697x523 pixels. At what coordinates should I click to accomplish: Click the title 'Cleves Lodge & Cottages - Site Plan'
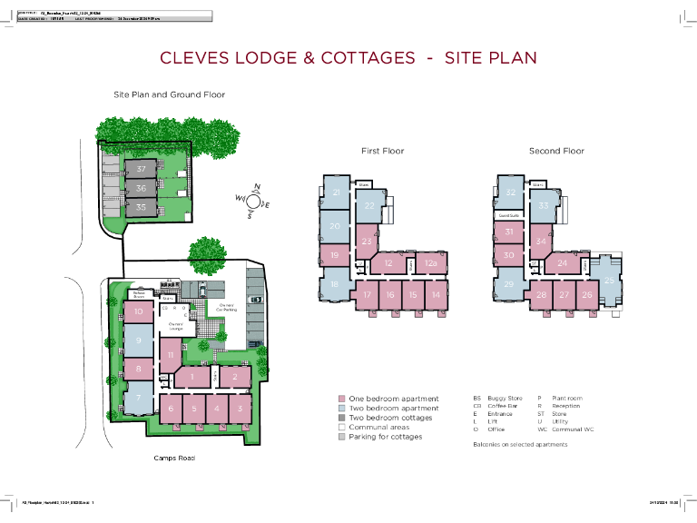pyautogui.click(x=348, y=58)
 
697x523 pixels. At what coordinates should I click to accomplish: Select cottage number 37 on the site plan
pyautogui.click(x=141, y=169)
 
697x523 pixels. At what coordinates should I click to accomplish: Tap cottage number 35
pyautogui.click(x=141, y=207)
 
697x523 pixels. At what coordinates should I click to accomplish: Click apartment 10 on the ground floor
pyautogui.click(x=138, y=312)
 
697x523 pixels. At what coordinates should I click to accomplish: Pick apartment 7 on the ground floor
pyautogui.click(x=138, y=397)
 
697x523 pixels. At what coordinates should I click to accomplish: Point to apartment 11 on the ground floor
pyautogui.click(x=171, y=354)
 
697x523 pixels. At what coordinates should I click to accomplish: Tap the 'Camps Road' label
pyautogui.click(x=174, y=459)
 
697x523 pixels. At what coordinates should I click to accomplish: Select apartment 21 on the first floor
pyautogui.click(x=337, y=193)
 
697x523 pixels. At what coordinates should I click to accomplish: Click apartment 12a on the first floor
pyautogui.click(x=431, y=263)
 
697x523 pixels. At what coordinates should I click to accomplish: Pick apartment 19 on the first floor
pyautogui.click(x=335, y=256)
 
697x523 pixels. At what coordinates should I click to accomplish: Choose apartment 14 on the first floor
pyautogui.click(x=436, y=295)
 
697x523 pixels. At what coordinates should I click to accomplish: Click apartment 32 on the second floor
pyautogui.click(x=511, y=192)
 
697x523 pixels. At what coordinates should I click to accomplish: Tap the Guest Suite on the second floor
pyautogui.click(x=508, y=215)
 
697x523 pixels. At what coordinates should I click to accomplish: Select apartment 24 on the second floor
pyautogui.click(x=563, y=263)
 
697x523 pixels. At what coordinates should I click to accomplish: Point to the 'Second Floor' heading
pyautogui.click(x=556, y=151)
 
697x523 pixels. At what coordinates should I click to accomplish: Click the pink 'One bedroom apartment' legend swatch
pyautogui.click(x=342, y=399)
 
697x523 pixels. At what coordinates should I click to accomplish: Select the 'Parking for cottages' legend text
pyautogui.click(x=386, y=437)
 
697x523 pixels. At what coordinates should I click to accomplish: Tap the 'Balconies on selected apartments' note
pyautogui.click(x=520, y=445)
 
